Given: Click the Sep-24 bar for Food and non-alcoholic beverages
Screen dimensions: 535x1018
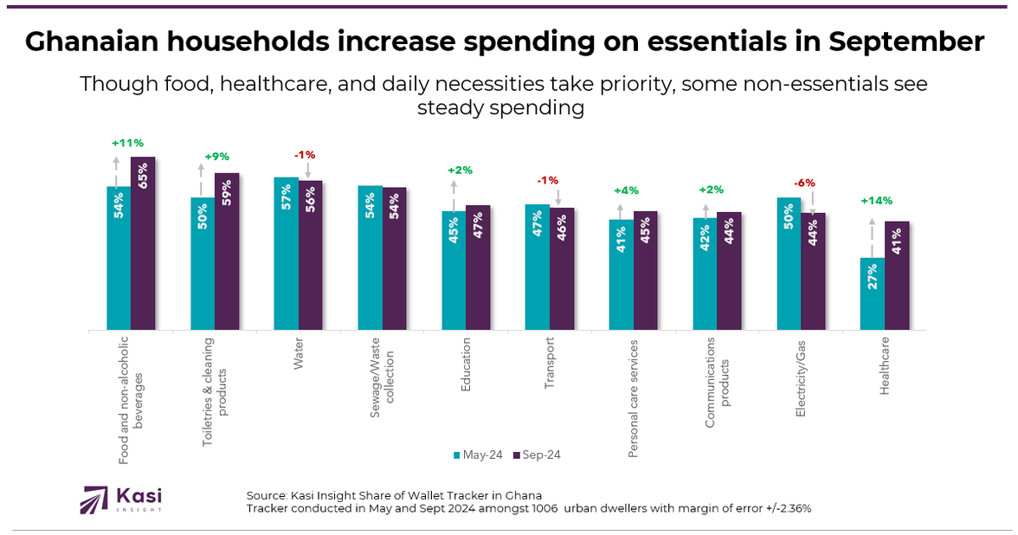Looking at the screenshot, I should pos(143,243).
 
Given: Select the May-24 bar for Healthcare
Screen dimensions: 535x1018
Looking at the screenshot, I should pos(872,293).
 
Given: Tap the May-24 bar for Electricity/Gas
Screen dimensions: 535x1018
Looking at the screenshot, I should pos(789,264).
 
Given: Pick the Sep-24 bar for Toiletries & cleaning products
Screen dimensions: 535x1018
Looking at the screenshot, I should pos(227,251).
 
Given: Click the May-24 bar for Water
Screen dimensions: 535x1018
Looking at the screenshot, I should pos(287,254).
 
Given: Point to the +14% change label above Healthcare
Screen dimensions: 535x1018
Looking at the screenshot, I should pos(877,201).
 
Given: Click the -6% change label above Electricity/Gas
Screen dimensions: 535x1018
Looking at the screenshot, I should pos(804,184).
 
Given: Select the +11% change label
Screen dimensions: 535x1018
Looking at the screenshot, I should pos(127,143).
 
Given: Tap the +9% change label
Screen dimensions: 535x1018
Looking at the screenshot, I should pos(216,157).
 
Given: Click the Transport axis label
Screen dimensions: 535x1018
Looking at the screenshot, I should pos(550,364).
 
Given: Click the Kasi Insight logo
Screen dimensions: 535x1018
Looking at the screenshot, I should pos(121,500).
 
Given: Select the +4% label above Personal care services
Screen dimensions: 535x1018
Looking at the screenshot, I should pos(625,190).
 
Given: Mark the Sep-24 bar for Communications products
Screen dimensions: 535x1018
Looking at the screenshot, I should pos(729,271).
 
